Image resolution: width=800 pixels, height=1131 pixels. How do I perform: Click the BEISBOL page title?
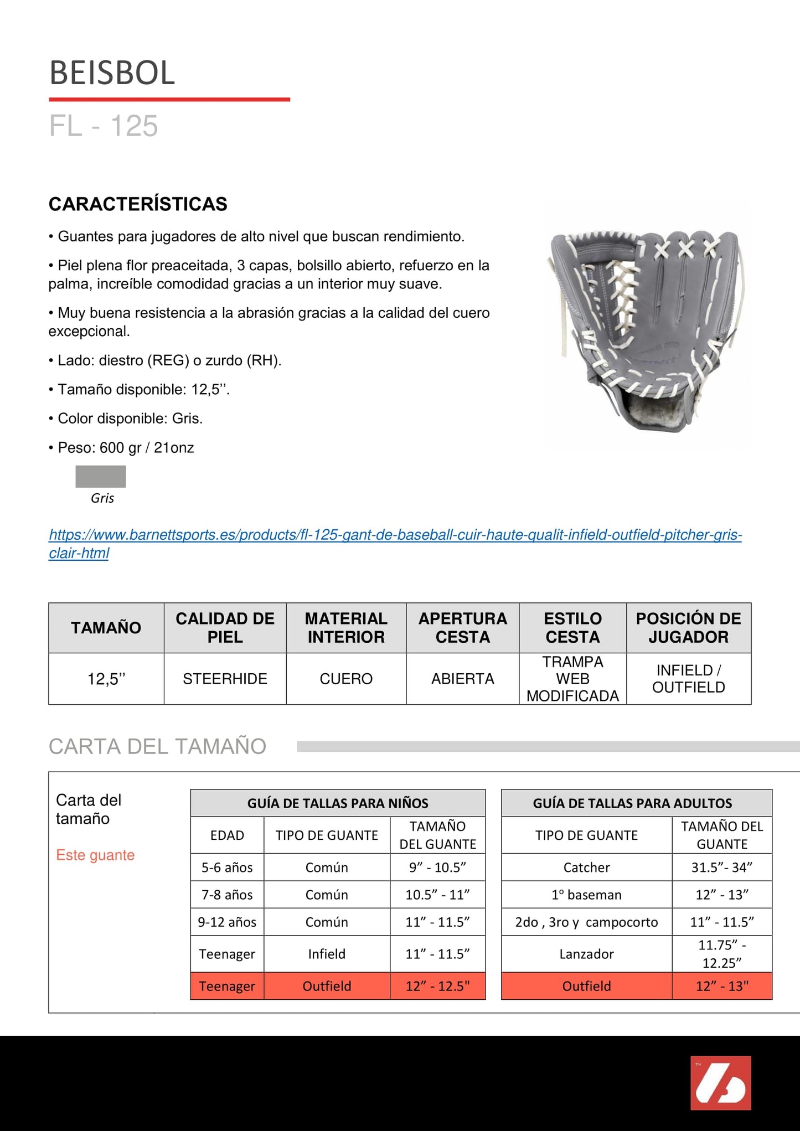click(112, 73)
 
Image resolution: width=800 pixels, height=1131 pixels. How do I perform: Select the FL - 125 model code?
click(104, 126)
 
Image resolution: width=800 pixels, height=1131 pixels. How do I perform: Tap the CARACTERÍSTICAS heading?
click(138, 204)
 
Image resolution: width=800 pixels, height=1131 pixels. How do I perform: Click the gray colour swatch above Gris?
click(101, 476)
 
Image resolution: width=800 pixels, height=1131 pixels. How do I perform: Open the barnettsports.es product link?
click(395, 535)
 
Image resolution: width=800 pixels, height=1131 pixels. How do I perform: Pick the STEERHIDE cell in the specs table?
click(225, 679)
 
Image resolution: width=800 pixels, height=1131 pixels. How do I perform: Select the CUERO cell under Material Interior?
click(346, 679)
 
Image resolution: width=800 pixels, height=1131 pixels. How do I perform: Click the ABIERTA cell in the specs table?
click(462, 679)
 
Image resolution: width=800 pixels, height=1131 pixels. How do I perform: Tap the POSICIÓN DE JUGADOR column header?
click(688, 628)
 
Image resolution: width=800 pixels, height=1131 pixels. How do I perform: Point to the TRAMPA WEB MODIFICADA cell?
click(572, 679)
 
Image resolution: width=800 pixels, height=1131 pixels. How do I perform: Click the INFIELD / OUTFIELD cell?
click(688, 679)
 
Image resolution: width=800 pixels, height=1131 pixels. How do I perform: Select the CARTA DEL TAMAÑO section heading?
click(157, 746)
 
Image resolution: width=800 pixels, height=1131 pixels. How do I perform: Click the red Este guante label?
click(95, 855)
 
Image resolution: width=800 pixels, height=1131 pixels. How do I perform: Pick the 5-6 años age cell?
click(227, 867)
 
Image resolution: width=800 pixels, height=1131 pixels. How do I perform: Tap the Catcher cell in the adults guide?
click(586, 867)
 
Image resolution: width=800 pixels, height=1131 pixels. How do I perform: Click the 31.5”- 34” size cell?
click(722, 867)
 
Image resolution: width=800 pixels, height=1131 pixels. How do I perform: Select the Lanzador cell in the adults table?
click(586, 954)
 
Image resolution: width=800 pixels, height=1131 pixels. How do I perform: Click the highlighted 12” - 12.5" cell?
click(437, 986)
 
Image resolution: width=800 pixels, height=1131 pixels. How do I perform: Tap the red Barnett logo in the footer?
click(720, 1083)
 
